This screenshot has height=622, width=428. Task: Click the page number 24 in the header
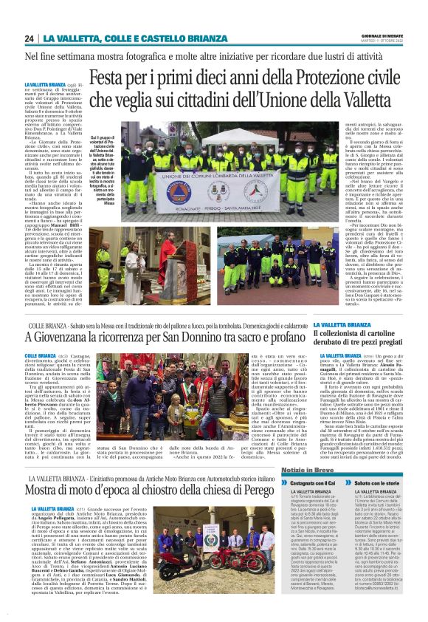coord(29,38)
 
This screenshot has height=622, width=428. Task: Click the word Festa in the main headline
coord(108,77)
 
